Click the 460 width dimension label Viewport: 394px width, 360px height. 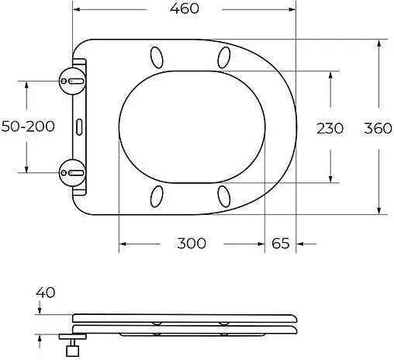[184, 9]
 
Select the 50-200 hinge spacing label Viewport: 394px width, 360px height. [28, 126]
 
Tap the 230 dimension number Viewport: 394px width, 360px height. [330, 127]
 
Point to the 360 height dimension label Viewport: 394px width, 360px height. [378, 127]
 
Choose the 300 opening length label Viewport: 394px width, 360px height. [192, 244]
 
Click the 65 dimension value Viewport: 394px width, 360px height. [281, 244]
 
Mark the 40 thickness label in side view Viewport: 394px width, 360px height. [46, 292]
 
